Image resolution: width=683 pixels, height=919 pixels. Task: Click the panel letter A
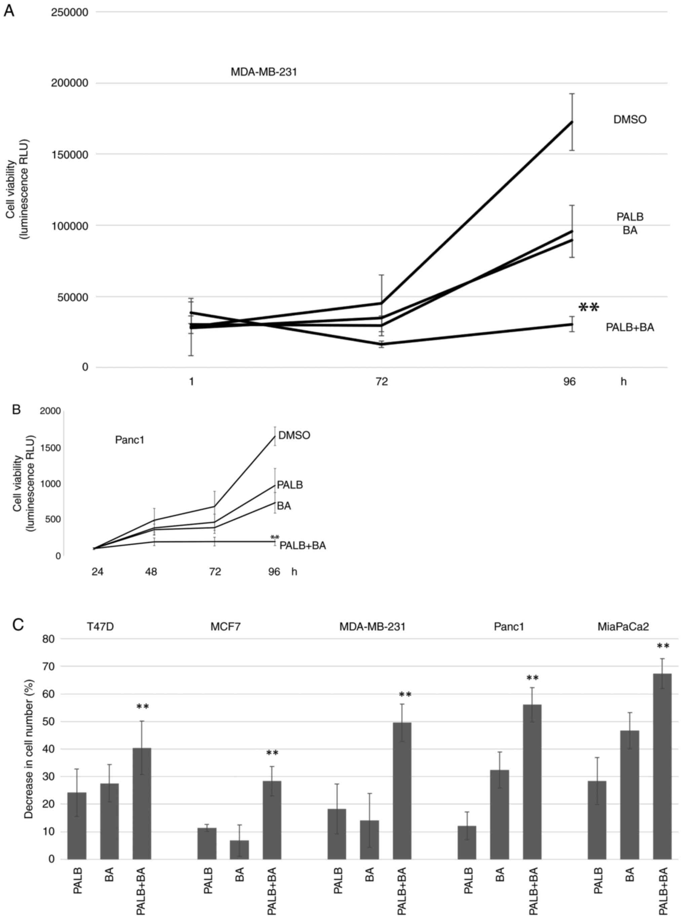coord(9,10)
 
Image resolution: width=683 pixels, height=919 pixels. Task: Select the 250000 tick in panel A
coord(70,12)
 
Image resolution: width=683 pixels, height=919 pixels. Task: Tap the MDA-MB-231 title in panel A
coord(264,72)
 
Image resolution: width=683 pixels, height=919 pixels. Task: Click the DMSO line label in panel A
coord(630,120)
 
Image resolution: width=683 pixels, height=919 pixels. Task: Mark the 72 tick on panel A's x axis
coord(382,381)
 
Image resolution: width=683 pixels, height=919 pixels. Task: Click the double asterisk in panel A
coord(589,307)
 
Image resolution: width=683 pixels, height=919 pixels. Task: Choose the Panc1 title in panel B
coord(129,440)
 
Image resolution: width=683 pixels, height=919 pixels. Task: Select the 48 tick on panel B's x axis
coord(151,572)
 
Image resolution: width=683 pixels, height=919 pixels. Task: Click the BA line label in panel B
coord(284,506)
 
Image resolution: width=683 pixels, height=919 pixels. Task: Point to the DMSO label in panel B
coord(294,435)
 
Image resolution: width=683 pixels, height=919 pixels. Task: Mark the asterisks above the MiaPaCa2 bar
coord(663,646)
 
